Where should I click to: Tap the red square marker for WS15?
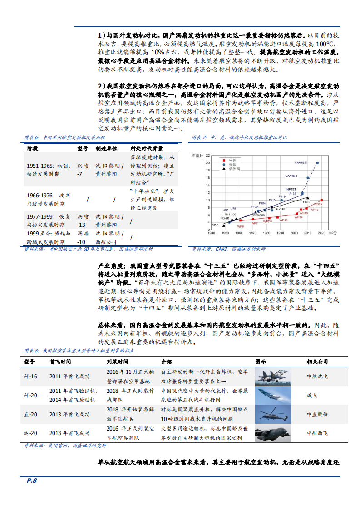coord(322,200)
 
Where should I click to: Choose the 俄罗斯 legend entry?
coord(234,168)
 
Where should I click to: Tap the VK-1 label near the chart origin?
coord(215,225)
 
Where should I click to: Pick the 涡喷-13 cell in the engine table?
coord(82,221)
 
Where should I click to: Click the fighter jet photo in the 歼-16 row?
coord(271,377)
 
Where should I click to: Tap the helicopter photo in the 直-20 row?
coord(271,414)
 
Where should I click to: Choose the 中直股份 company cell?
coord(317,414)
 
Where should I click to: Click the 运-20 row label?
coord(31,433)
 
